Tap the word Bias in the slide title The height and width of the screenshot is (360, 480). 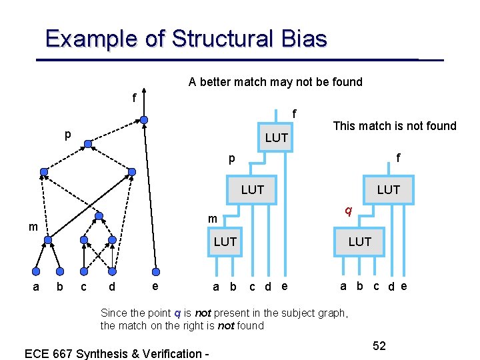point(303,39)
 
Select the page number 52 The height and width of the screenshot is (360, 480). point(379,346)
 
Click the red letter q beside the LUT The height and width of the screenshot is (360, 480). point(348,210)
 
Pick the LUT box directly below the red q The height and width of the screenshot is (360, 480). point(360,241)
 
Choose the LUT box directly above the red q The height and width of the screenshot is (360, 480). point(388,190)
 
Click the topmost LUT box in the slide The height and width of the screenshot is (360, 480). point(276,138)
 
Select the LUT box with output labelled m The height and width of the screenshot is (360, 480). point(225,241)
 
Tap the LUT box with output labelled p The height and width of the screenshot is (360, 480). point(253,190)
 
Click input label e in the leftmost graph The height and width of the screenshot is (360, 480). point(155,286)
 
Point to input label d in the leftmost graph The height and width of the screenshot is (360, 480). point(111,287)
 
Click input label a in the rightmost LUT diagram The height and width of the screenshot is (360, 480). point(343,286)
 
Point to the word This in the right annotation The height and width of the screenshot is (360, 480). point(345,126)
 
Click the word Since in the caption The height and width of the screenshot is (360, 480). point(114,313)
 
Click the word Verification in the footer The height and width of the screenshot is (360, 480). point(167,353)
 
